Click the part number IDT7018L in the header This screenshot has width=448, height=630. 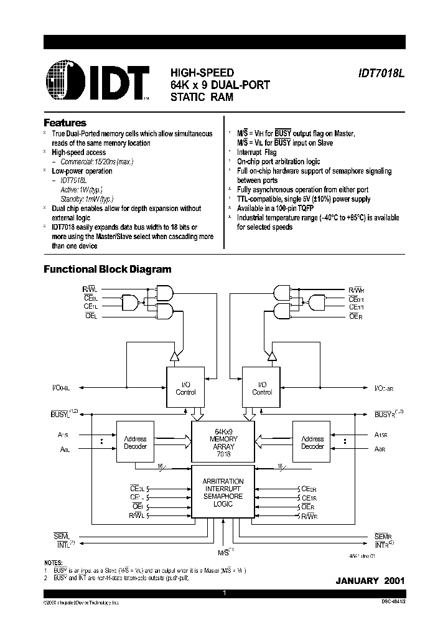[x=381, y=72]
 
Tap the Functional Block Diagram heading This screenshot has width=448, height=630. [x=107, y=270]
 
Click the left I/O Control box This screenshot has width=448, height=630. [x=185, y=388]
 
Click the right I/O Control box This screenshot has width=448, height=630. [x=262, y=388]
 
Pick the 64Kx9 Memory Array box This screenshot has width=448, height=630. [x=223, y=442]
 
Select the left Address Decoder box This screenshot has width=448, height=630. [x=136, y=442]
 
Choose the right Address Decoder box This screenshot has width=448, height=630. [x=312, y=442]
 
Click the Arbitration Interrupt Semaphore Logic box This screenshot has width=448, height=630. [x=223, y=492]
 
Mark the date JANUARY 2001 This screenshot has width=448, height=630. [x=370, y=580]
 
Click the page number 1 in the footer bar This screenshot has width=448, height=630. [x=224, y=593]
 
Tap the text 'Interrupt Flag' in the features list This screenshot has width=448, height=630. [x=257, y=152]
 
